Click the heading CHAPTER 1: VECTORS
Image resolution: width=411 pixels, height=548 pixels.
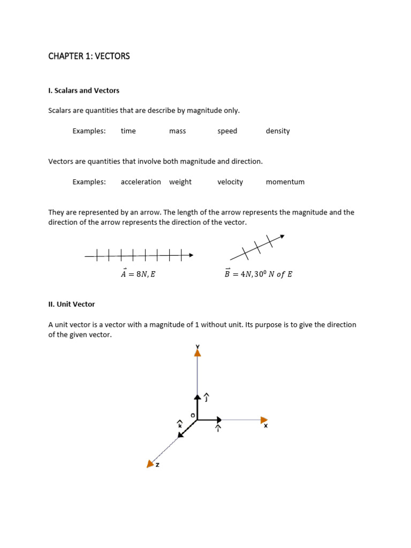pyautogui.click(x=89, y=56)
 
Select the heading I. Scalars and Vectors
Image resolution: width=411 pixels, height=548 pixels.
pyautogui.click(x=83, y=90)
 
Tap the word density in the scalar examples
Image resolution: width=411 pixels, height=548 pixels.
pyautogui.click(x=278, y=131)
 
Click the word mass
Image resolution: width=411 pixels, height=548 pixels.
pyautogui.click(x=177, y=131)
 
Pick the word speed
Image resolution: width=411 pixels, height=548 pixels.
pyautogui.click(x=227, y=131)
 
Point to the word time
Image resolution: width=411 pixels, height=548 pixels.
pyautogui.click(x=128, y=131)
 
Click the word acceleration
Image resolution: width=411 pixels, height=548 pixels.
pyautogui.click(x=141, y=182)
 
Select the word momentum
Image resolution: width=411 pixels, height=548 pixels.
pyautogui.click(x=285, y=182)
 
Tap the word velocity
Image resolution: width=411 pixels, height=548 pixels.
pyautogui.click(x=230, y=182)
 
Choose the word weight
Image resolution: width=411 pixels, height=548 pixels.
pyautogui.click(x=180, y=182)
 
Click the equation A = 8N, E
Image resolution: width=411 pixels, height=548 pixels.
pyautogui.click(x=138, y=274)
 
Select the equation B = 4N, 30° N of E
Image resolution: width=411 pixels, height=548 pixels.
pyautogui.click(x=258, y=274)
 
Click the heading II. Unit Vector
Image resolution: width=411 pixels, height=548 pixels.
pyautogui.click(x=72, y=304)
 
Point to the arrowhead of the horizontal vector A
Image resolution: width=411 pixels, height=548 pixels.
pyautogui.click(x=191, y=256)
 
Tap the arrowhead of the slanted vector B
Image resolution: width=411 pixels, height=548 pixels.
pyautogui.click(x=282, y=236)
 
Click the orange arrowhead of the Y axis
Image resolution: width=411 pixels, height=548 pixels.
pyautogui.click(x=197, y=352)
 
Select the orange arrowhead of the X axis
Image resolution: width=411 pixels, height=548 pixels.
pyautogui.click(x=264, y=420)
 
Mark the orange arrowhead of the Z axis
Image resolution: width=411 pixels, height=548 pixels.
pyautogui.click(x=150, y=463)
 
